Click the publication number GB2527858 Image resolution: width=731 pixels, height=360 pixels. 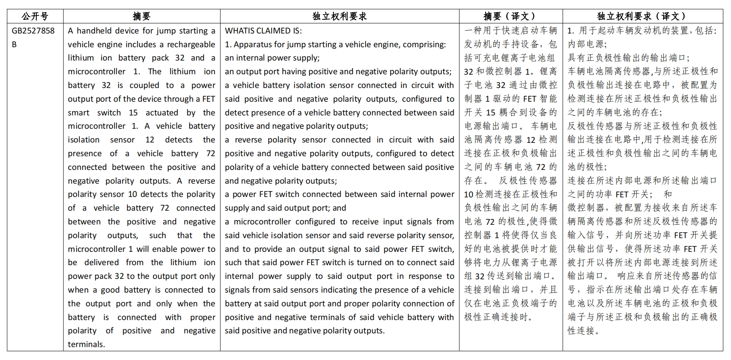click(x=33, y=31)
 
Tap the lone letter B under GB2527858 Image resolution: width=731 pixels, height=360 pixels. click(x=14, y=44)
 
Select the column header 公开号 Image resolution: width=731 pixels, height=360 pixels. click(x=35, y=16)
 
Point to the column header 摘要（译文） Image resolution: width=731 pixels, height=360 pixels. click(x=510, y=16)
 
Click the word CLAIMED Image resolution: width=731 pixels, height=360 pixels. click(x=274, y=31)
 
